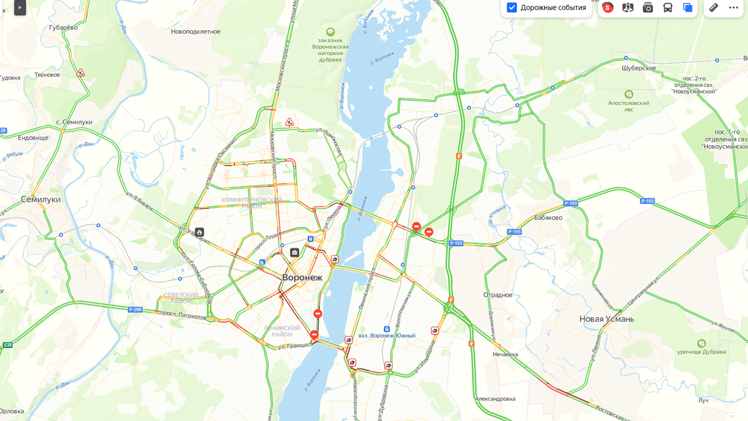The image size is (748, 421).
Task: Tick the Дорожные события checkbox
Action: pyautogui.click(x=512, y=8)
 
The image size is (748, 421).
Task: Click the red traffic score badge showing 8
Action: pyautogui.click(x=608, y=8)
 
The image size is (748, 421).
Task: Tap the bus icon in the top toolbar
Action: pyautogui.click(x=667, y=8)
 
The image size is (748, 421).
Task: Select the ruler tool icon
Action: pyautogui.click(x=714, y=8)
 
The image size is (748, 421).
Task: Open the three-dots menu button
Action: pyautogui.click(x=733, y=8)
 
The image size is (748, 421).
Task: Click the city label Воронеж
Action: pyautogui.click(x=302, y=277)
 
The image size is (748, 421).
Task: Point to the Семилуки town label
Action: pyautogui.click(x=41, y=199)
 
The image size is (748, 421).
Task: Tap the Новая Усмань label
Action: pyautogui.click(x=607, y=319)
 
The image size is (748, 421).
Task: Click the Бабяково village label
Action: pyautogui.click(x=548, y=218)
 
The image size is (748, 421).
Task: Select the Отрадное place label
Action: pyautogui.click(x=498, y=295)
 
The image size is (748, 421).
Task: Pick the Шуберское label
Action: pyautogui.click(x=639, y=68)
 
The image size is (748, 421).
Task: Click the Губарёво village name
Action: pyautogui.click(x=63, y=27)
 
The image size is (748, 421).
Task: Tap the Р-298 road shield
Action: pyautogui.click(x=135, y=309)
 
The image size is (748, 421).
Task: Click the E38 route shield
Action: pyautogui.click(x=7, y=345)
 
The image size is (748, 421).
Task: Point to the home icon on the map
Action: pyautogui.click(x=200, y=232)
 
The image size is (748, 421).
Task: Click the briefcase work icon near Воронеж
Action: pyautogui.click(x=295, y=253)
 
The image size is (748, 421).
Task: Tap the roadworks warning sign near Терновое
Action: pyautogui.click(x=81, y=73)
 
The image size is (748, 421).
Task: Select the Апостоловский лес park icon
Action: pyautogui.click(x=629, y=94)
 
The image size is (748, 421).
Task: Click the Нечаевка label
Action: pyautogui.click(x=505, y=354)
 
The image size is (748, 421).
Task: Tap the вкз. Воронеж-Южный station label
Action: pyautogui.click(x=387, y=336)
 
